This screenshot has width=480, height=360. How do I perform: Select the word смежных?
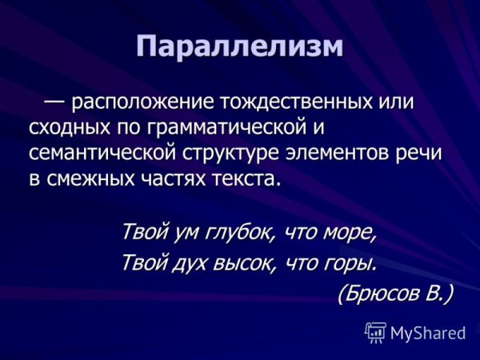[86, 177]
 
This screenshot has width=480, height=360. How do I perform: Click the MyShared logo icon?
[375, 331]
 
